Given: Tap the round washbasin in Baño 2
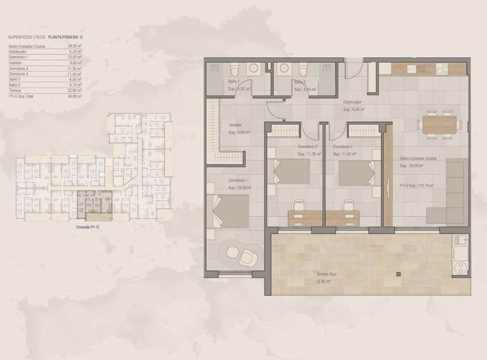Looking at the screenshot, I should [283, 68].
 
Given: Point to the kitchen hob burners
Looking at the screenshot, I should [443, 68].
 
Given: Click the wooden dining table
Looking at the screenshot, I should [439, 123].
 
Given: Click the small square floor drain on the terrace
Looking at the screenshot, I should [398, 275].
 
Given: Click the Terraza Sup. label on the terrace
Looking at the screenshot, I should [327, 274].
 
